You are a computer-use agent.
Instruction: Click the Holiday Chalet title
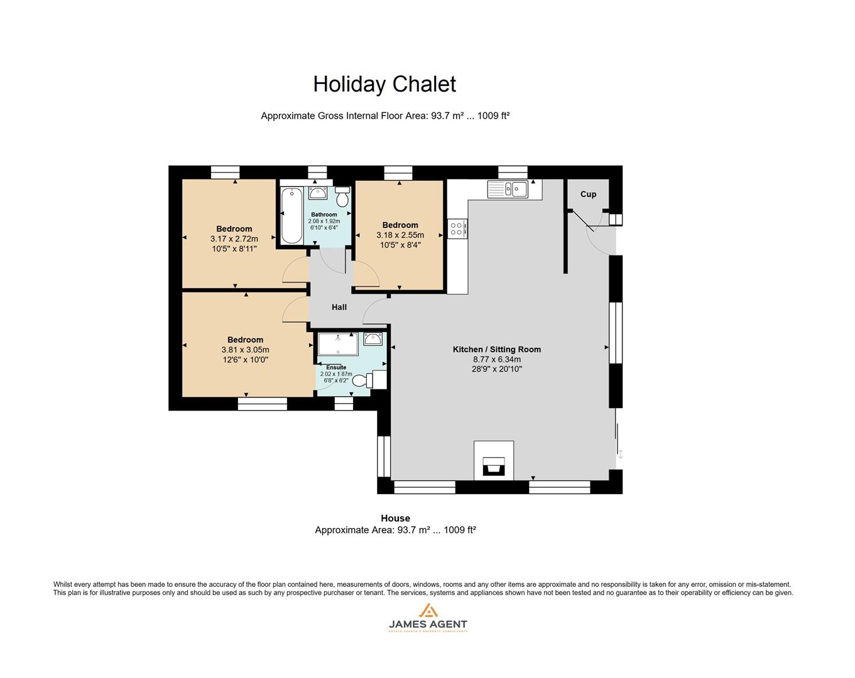384,84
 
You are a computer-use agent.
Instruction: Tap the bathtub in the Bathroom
291,215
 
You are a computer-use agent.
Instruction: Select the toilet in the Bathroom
342,197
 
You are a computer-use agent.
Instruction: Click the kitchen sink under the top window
514,189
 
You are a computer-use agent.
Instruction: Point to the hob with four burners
456,228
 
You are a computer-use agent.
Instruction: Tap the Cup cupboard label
588,194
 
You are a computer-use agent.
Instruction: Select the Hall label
339,307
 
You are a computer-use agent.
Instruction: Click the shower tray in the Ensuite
337,344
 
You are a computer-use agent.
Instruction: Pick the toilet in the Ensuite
364,380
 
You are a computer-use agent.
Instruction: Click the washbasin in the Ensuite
373,340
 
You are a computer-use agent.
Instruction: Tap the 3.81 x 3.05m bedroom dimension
245,350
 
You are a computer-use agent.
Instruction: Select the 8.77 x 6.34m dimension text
497,359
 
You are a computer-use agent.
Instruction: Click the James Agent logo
428,618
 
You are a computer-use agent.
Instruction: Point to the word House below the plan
395,518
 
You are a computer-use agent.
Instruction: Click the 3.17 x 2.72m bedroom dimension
234,239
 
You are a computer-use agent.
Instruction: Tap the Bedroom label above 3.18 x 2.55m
400,225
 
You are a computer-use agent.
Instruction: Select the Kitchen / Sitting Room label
497,349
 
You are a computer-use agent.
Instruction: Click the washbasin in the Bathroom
318,193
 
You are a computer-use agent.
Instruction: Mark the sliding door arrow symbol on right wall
621,454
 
